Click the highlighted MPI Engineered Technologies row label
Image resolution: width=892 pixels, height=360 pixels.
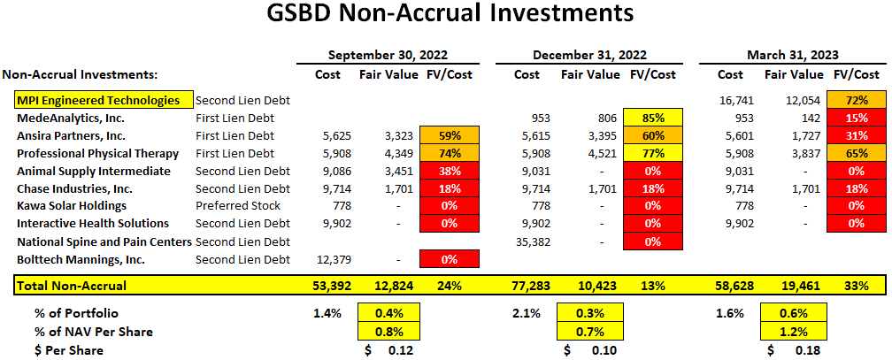(x=97, y=100)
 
